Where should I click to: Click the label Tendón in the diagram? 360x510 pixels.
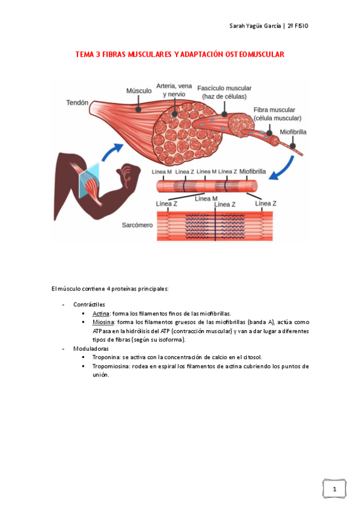tap(77, 103)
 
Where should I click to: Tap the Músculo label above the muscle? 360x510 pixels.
tap(138, 91)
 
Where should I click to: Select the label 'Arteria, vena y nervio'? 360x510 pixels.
tap(174, 90)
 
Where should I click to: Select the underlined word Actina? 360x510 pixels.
tap(100, 313)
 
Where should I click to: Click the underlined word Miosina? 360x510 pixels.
tap(102, 322)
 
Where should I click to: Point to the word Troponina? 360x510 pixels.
tap(106, 357)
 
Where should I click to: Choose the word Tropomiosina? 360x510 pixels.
tap(110, 366)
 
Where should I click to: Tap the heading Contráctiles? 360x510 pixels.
tap(89, 305)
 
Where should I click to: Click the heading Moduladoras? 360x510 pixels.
tap(91, 348)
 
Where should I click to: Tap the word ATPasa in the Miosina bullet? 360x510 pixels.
tap(103, 331)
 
